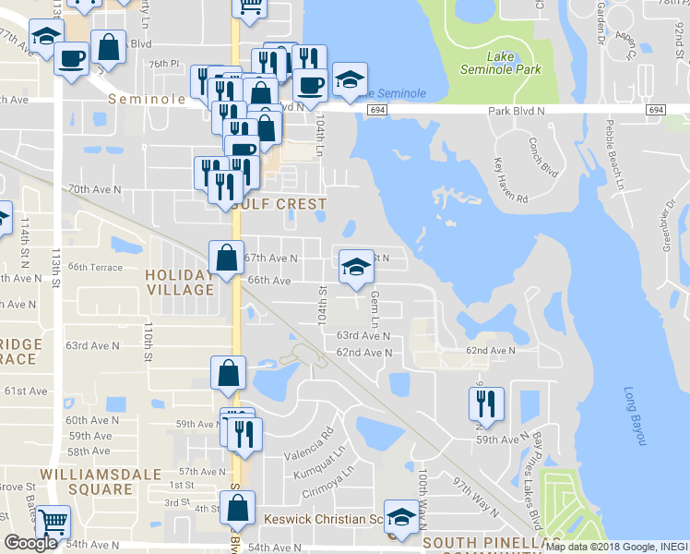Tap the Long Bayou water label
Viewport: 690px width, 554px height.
point(631,416)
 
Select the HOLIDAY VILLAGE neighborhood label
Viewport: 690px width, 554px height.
point(180,282)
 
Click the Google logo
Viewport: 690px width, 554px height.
point(30,543)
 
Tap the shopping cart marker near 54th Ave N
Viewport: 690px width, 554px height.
point(53,524)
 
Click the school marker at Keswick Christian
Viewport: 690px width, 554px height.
point(401,517)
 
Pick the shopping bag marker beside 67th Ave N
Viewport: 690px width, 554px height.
point(227,259)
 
